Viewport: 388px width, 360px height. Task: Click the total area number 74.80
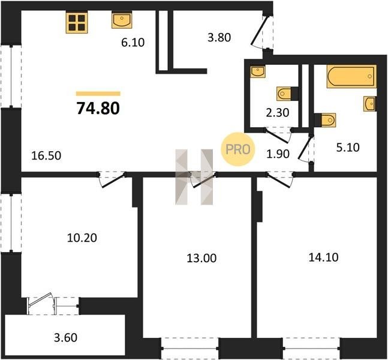(98, 109)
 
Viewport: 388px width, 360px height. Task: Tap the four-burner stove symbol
(77, 22)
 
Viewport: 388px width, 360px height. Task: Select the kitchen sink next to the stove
(122, 20)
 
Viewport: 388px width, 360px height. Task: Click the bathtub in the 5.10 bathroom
(351, 76)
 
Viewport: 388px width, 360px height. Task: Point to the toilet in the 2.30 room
(285, 94)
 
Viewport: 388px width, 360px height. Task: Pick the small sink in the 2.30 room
(258, 71)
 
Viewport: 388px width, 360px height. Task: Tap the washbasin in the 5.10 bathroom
(370, 104)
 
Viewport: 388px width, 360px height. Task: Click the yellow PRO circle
(238, 149)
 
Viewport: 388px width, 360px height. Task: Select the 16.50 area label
(46, 156)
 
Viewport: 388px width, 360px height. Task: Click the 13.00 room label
(201, 258)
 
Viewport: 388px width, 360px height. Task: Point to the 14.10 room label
(324, 257)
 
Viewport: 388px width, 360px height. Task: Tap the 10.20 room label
(82, 238)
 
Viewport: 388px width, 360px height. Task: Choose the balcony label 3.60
(65, 337)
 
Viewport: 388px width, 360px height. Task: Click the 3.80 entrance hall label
(219, 38)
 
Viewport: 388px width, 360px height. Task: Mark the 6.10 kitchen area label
(133, 43)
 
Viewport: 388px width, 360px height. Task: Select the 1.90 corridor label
(278, 154)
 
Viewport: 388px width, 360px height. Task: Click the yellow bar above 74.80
(98, 94)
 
